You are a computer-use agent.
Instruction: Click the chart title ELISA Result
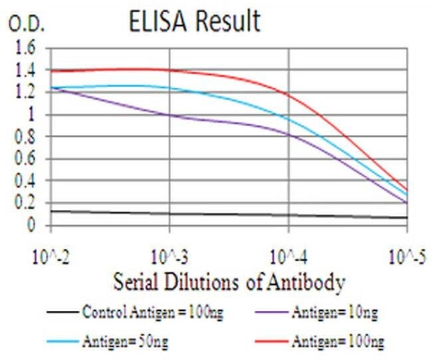pos(194,21)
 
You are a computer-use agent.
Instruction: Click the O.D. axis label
pos(26,25)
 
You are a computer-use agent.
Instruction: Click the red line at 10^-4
pos(288,94)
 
